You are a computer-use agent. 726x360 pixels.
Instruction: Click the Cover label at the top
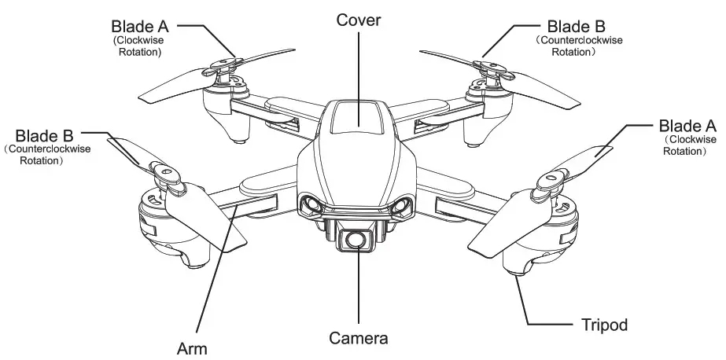click(358, 20)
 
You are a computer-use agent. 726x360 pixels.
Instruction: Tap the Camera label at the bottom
click(358, 339)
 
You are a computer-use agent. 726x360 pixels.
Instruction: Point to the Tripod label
click(603, 324)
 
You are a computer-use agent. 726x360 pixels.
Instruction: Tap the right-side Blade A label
click(687, 126)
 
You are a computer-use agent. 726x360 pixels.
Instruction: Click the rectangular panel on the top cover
click(359, 119)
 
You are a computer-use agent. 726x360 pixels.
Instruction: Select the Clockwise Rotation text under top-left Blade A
click(138, 46)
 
